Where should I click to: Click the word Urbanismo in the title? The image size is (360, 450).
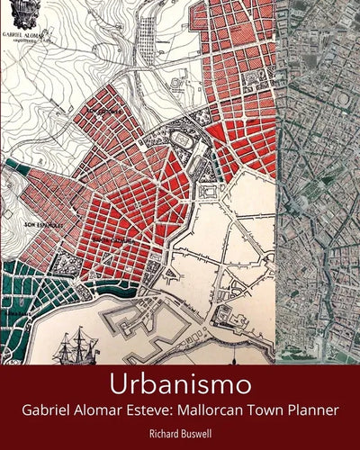click(179, 384)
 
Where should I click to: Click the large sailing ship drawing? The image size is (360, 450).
click(77, 346)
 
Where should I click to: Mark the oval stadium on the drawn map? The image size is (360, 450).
click(181, 141)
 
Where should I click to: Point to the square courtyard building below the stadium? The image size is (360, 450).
click(208, 193)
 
